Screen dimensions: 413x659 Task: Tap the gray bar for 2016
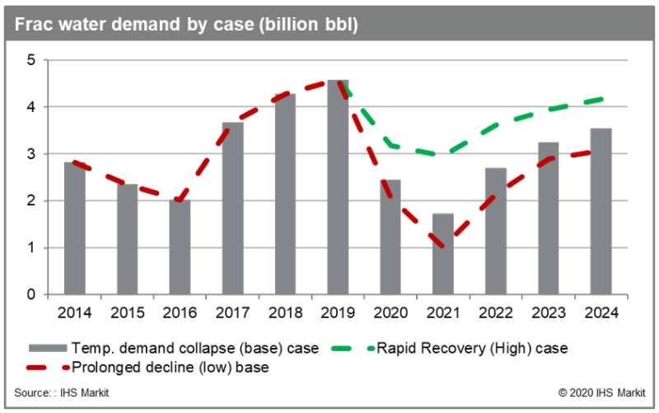(180, 246)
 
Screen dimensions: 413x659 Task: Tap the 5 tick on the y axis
(30, 60)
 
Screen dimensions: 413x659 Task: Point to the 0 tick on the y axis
(30, 294)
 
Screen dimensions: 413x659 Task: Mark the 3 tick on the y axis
(30, 154)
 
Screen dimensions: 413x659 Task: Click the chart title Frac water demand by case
(185, 25)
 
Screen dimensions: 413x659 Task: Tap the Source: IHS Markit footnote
(62, 392)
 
